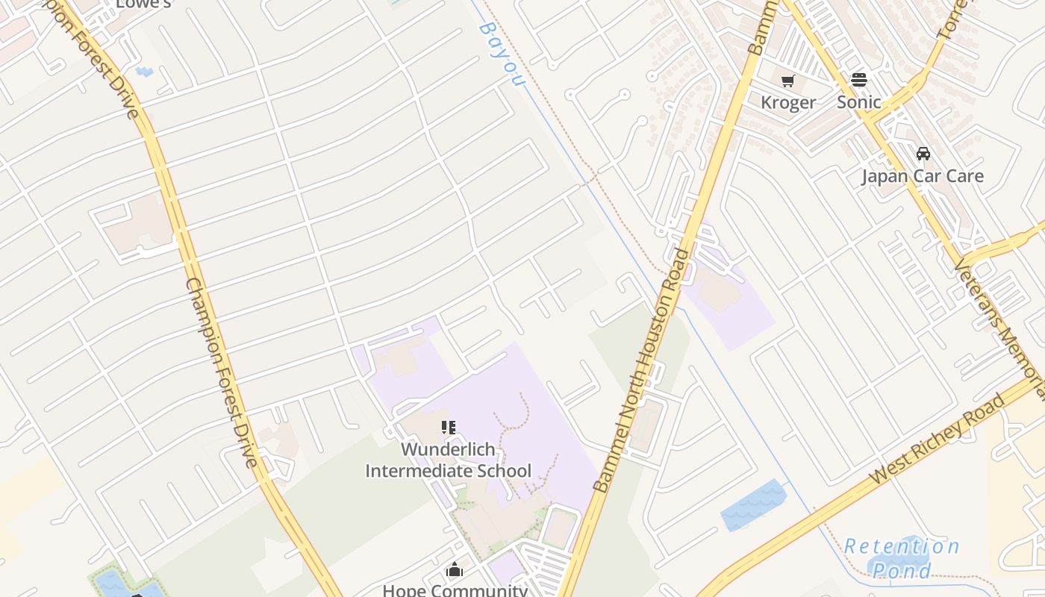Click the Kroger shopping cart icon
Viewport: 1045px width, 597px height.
[788, 81]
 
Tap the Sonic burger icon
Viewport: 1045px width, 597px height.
[859, 80]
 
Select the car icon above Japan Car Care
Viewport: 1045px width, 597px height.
[923, 154]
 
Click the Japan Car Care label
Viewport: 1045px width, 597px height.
[923, 176]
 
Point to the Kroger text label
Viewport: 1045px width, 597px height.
[788, 102]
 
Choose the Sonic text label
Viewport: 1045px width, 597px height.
[858, 102]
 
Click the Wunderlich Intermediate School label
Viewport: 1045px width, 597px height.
[448, 460]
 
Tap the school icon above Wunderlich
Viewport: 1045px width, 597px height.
[448, 428]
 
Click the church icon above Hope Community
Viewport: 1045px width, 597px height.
[455, 570]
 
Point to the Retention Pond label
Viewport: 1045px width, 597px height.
[902, 558]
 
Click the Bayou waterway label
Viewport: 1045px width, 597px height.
[500, 52]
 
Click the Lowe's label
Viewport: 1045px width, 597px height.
[143, 4]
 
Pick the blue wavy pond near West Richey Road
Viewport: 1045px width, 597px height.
[754, 505]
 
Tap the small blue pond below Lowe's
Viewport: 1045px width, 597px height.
[145, 72]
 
